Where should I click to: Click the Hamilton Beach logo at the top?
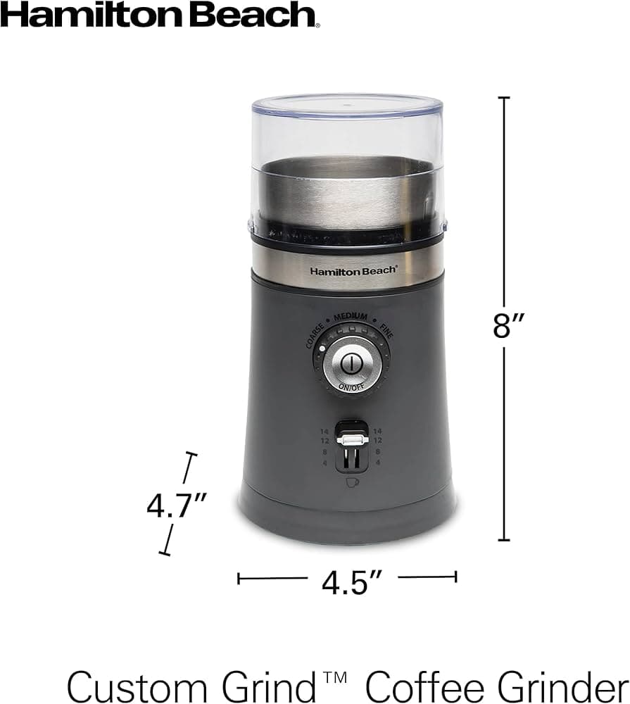pyautogui.click(x=160, y=14)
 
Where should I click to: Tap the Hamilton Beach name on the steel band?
pyautogui.click(x=353, y=271)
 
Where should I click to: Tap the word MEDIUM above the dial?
pyautogui.click(x=351, y=317)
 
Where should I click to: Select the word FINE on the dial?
pyautogui.click(x=386, y=331)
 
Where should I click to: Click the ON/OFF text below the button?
pyautogui.click(x=351, y=386)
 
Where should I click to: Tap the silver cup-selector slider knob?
pyautogui.click(x=352, y=439)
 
